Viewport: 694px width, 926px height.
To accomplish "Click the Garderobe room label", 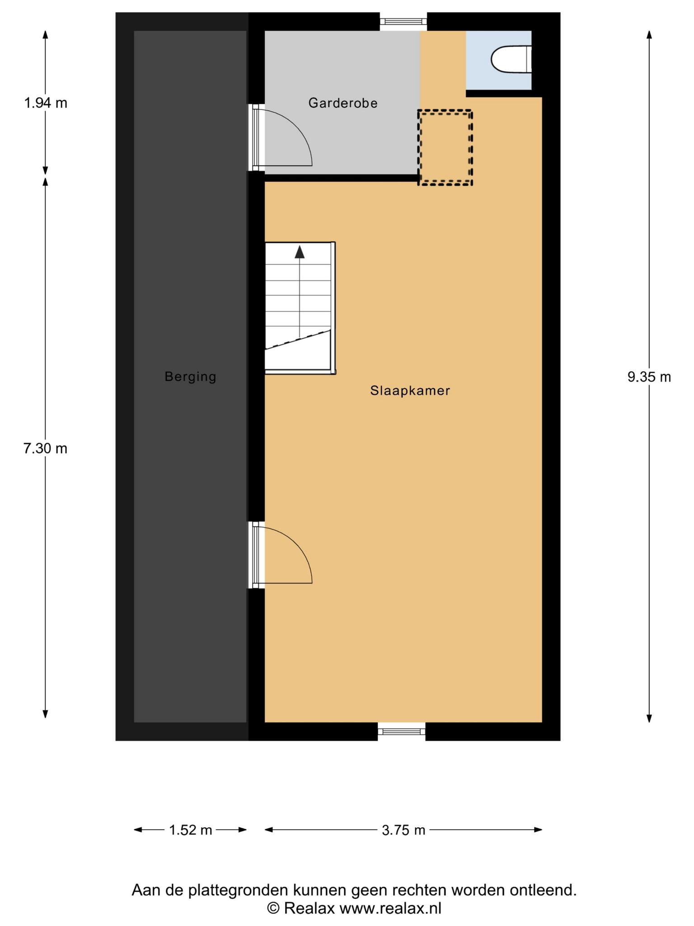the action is tap(343, 103).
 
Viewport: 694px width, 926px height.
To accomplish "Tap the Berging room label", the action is tap(190, 377).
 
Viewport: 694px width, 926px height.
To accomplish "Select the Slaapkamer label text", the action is tap(410, 391).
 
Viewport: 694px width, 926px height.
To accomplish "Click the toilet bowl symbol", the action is tap(511, 59).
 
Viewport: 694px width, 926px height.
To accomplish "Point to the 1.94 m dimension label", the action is tap(46, 104).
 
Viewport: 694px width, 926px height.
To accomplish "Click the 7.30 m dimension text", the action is tap(46, 449).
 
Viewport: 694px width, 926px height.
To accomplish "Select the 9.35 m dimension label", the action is tap(649, 377).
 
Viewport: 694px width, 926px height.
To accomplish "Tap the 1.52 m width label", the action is tap(190, 830).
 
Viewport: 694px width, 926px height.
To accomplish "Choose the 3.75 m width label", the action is tap(403, 830).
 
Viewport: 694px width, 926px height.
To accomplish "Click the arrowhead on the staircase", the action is tap(300, 251).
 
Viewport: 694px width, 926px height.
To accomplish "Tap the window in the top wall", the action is tap(403, 21).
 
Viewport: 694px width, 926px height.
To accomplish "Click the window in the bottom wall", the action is tap(402, 731).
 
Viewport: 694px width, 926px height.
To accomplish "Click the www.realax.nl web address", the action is tap(390, 908).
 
